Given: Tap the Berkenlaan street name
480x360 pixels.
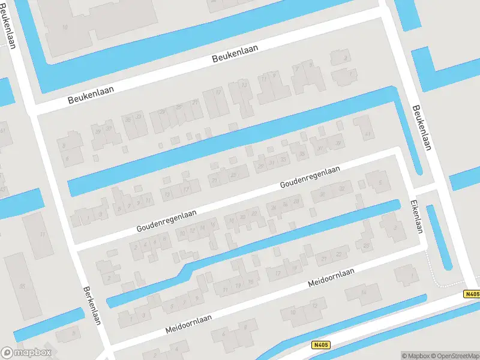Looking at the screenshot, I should pyautogui.click(x=91, y=304).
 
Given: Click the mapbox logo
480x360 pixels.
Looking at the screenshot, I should pyautogui.click(x=26, y=353).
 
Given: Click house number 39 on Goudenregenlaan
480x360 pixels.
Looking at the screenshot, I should pyautogui.click(x=338, y=143).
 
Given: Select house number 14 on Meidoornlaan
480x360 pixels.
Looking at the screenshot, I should pyautogui.click(x=363, y=293).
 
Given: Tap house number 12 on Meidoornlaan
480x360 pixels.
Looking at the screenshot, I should pyautogui.click(x=314, y=307).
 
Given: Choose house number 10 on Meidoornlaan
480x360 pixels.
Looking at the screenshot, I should pyautogui.click(x=293, y=313).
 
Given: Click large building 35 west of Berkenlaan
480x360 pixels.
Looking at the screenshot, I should pyautogui.click(x=23, y=286).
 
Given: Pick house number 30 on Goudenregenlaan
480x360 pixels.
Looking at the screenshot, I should pyautogui.click(x=322, y=194).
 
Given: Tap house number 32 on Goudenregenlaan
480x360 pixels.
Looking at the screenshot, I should pyautogui.click(x=341, y=189).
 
